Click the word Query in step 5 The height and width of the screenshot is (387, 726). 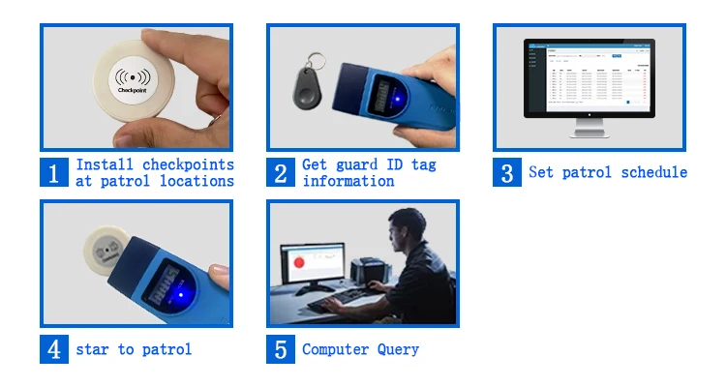pyautogui.click(x=399, y=349)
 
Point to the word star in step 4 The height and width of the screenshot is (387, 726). pyautogui.click(x=93, y=349)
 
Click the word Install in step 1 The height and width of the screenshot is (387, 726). pyautogui.click(x=105, y=164)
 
